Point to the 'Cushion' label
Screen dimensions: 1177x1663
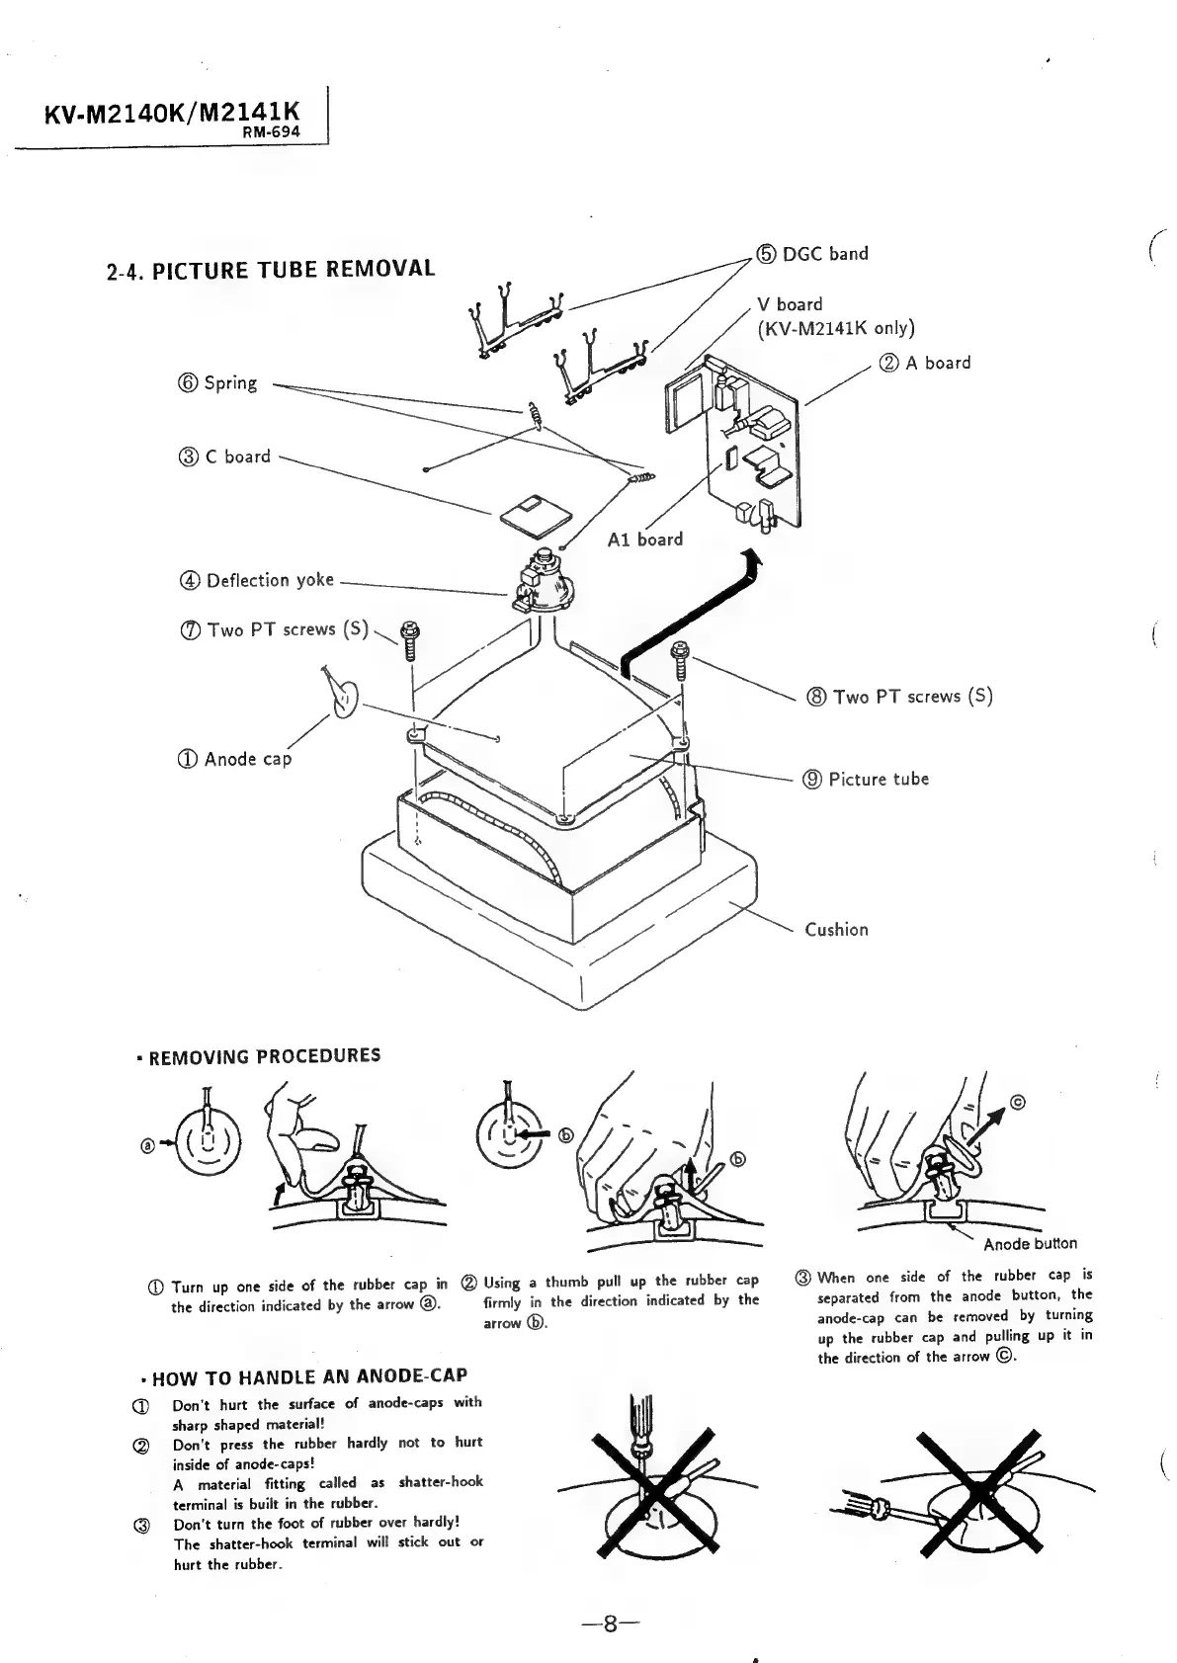point(836,929)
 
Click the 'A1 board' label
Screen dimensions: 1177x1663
point(645,540)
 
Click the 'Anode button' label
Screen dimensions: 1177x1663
point(1030,1243)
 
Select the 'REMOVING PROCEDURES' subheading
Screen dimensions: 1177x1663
point(264,1055)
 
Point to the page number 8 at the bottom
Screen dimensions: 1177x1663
point(611,1623)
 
